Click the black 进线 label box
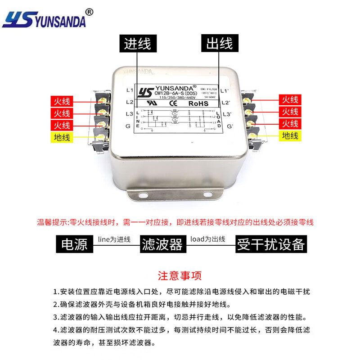[138, 44]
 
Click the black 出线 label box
[219, 44]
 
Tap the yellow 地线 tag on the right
[290, 135]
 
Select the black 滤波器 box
[162, 244]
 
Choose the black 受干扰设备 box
[271, 244]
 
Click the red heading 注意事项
[180, 275]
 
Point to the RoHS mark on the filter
[198, 103]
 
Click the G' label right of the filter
[229, 126]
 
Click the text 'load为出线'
[207, 239]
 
